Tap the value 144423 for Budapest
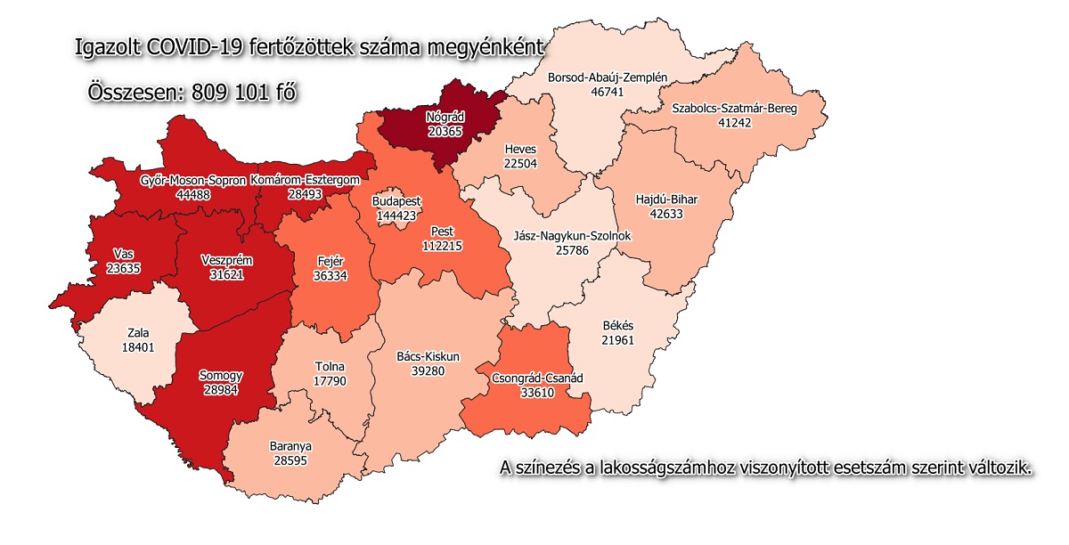[396, 215]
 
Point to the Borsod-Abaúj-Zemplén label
[608, 77]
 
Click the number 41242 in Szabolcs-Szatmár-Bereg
[735, 122]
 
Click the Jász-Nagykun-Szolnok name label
[573, 237]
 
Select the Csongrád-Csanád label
[537, 378]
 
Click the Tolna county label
[330, 367]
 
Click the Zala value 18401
[141, 346]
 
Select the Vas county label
[125, 253]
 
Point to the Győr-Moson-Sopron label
[193, 181]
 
